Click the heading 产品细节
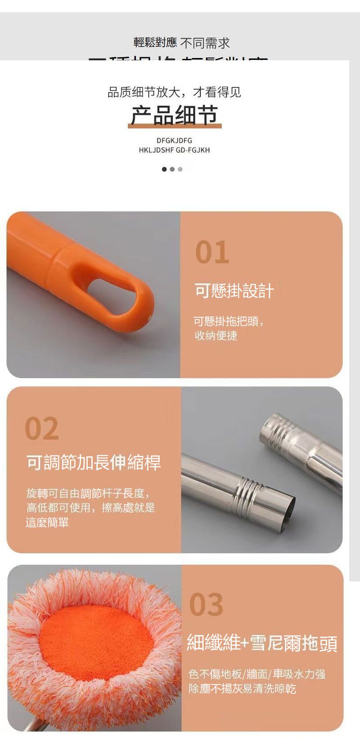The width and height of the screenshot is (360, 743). [174, 115]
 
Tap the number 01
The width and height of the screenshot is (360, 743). [212, 252]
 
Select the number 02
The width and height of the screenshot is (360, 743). [42, 428]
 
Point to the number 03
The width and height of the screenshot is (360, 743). [206, 604]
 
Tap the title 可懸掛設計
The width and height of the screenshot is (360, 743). [234, 291]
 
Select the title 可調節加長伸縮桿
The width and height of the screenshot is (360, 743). [94, 463]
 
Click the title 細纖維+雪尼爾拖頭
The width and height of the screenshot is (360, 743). [262, 643]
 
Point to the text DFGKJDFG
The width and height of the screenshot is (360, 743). [174, 140]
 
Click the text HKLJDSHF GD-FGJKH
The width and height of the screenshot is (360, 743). [174, 150]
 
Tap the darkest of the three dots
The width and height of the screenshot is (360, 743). [164, 169]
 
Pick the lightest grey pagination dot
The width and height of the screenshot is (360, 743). [180, 169]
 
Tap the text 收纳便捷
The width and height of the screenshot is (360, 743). [216, 336]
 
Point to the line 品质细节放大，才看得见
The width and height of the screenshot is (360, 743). [174, 92]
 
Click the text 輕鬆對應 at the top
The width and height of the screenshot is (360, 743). [155, 43]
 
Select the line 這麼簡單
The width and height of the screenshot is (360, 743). [47, 522]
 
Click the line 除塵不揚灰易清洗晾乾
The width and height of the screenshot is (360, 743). [242, 689]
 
